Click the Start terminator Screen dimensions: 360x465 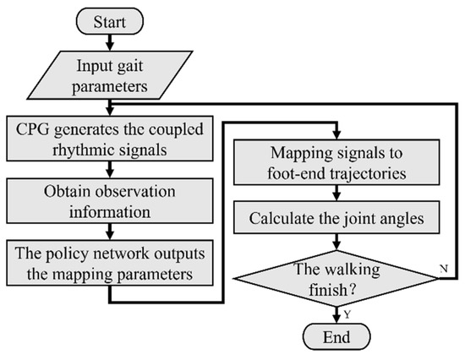coord(109,19)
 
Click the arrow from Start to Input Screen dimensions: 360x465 coord(109,41)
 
